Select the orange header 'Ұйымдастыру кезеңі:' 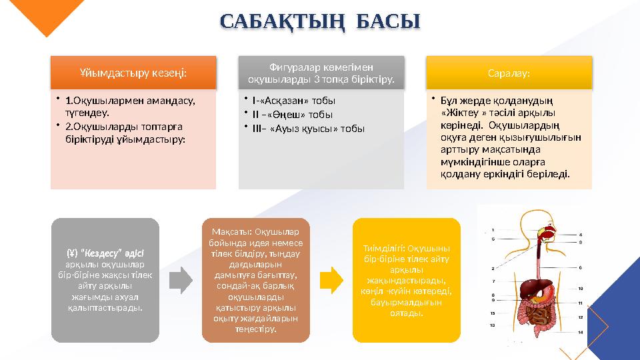tap(133, 72)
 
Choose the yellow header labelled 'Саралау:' tap(509, 72)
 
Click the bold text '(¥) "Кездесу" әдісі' tap(105, 253)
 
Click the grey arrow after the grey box tap(180, 280)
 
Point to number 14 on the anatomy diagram tap(581, 331)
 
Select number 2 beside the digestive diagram tap(493, 268)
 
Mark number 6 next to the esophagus tap(581, 267)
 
